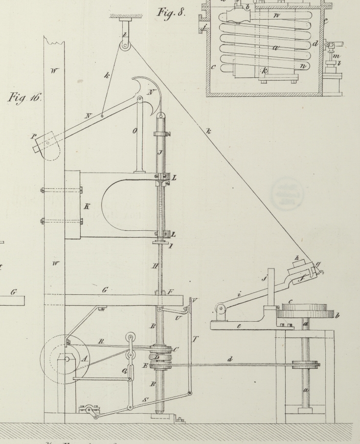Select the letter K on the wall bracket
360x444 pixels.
(x=87, y=207)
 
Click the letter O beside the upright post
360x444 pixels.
(x=135, y=132)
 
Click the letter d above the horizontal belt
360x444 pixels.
(x=229, y=359)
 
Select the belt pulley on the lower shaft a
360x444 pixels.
(x=306, y=364)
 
